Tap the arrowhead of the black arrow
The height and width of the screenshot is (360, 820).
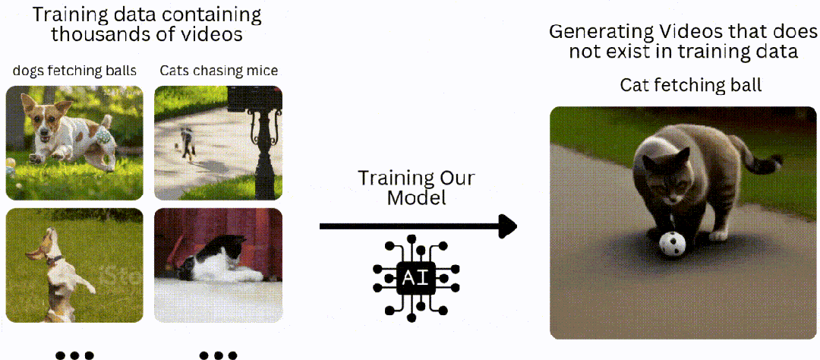pos(507,226)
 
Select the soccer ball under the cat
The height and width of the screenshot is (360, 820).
pos(672,243)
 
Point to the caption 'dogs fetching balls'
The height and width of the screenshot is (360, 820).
pos(74,71)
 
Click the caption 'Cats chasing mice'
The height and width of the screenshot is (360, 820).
pos(219,71)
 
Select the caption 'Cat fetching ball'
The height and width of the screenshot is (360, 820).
pos(690,85)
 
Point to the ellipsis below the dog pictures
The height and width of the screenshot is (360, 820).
pos(74,354)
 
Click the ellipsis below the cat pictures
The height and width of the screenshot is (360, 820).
pos(219,354)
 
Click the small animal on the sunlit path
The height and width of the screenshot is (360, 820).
pos(184,141)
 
